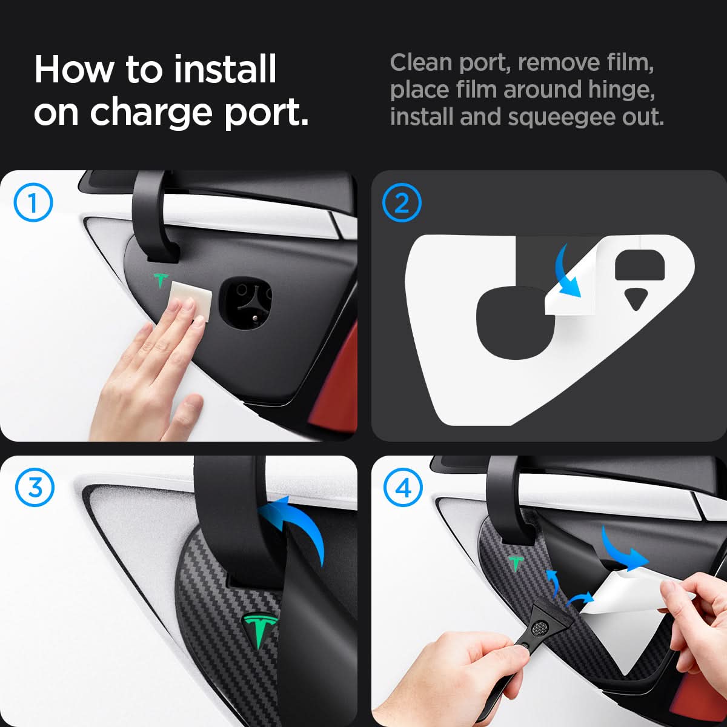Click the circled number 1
pyautogui.click(x=33, y=202)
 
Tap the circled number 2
pyautogui.click(x=402, y=202)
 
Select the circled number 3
pyautogui.click(x=35, y=488)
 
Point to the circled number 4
pyautogui.click(x=403, y=488)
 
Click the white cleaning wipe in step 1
pyautogui.click(x=191, y=301)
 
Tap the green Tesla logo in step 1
pyautogui.click(x=161, y=280)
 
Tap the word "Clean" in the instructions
pyautogui.click(x=421, y=62)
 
